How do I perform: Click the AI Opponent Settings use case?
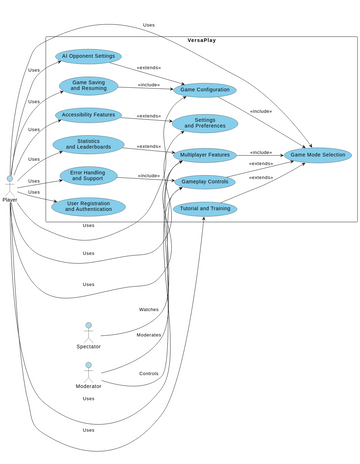click(88, 57)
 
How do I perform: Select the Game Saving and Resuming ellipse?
click(88, 85)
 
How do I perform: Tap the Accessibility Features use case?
click(88, 115)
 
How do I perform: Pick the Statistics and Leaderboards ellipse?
click(88, 145)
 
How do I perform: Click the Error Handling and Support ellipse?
click(88, 176)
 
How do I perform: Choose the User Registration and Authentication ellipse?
click(88, 207)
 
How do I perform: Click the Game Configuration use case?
click(205, 90)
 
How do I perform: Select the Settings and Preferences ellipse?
click(205, 123)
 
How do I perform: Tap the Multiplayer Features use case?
click(205, 155)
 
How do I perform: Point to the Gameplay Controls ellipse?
click(205, 182)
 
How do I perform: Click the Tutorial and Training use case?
click(205, 209)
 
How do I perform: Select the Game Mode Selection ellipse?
click(317, 155)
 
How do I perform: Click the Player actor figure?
click(10, 184)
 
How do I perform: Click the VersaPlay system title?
click(201, 40)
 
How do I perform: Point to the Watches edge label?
click(148, 309)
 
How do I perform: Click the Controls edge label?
click(148, 372)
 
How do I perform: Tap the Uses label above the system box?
click(149, 25)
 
